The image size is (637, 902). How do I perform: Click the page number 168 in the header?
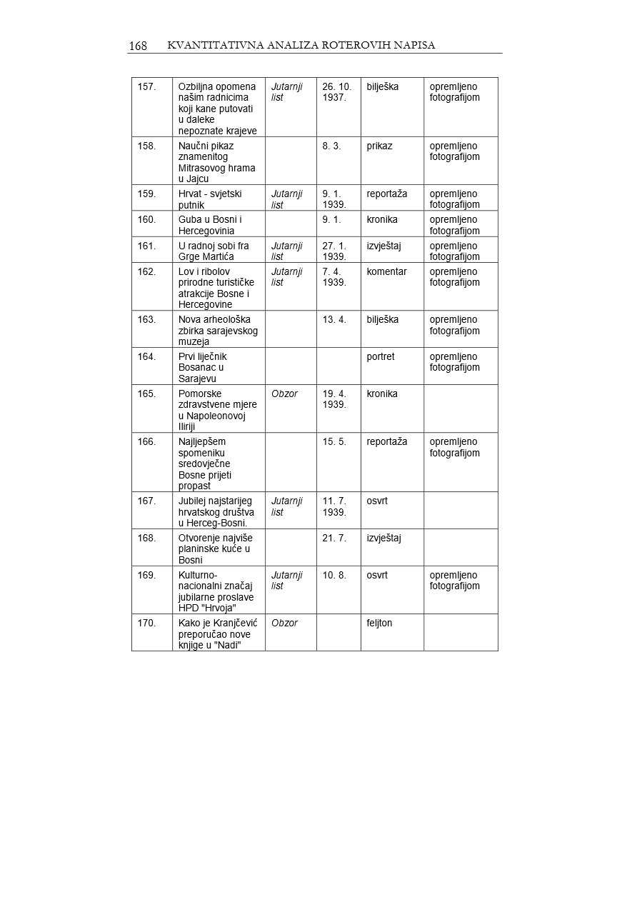click(138, 46)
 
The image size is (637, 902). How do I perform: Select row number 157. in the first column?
click(147, 87)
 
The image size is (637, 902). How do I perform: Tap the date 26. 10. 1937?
click(337, 92)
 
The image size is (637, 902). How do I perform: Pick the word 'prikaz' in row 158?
click(379, 146)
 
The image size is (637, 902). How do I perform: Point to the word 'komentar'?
click(386, 271)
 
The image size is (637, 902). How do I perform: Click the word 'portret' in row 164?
click(381, 356)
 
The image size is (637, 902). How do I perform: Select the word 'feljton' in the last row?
click(379, 623)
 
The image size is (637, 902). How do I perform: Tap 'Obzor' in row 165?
click(284, 394)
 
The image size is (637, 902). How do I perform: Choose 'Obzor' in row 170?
click(284, 623)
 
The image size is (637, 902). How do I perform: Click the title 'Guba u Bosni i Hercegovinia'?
click(210, 225)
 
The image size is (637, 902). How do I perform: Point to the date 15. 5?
click(334, 442)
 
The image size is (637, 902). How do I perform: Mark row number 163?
click(147, 319)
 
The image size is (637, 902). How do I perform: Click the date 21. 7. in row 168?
click(334, 538)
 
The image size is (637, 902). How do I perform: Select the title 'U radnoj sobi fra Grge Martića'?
click(214, 251)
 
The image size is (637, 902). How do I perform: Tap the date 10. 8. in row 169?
click(334, 575)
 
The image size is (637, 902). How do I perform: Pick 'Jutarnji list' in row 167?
click(286, 506)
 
